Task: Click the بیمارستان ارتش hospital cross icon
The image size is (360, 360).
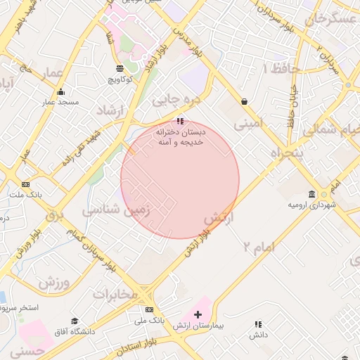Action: pyautogui.click(x=198, y=314)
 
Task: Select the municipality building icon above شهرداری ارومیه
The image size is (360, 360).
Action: pyautogui.click(x=312, y=194)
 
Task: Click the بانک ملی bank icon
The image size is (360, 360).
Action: pyautogui.click(x=149, y=309)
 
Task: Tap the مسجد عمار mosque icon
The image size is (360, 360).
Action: pyautogui.click(x=61, y=92)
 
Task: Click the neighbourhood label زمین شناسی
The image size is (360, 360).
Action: pyautogui.click(x=117, y=210)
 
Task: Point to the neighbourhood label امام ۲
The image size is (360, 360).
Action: pyautogui.click(x=258, y=246)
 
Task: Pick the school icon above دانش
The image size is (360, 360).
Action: pyautogui.click(x=258, y=324)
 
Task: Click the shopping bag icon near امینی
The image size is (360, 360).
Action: pyautogui.click(x=244, y=102)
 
